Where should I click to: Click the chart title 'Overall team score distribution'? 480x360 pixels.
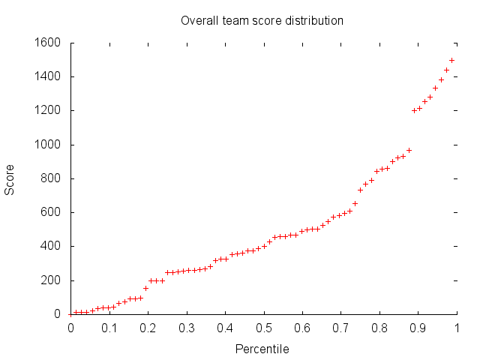(262, 20)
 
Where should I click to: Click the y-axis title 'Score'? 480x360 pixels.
(10, 178)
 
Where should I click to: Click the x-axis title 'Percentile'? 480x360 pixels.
(262, 349)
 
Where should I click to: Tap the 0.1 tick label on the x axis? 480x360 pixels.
(109, 327)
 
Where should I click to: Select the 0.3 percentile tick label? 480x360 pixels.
(186, 327)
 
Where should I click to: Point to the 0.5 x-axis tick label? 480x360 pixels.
(263, 327)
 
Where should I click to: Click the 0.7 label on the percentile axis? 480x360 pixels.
(340, 327)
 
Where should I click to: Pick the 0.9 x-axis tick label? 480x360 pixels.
(418, 327)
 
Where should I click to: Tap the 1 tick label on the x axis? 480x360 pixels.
(456, 327)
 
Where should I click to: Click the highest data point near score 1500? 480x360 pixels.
(451, 60)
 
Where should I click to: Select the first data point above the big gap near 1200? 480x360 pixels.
(414, 110)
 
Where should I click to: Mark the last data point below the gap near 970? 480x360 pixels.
(409, 150)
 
